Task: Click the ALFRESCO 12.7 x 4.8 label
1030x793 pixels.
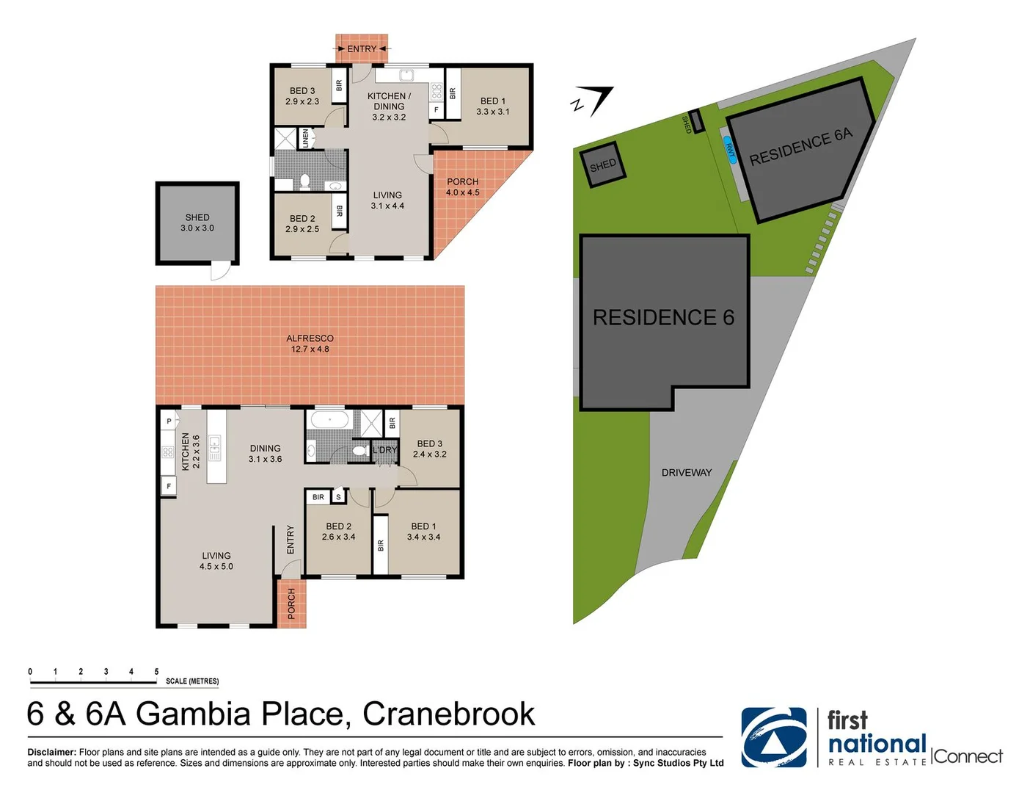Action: click(310, 344)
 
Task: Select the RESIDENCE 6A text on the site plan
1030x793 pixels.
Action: click(800, 146)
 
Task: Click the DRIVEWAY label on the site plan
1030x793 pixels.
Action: click(687, 472)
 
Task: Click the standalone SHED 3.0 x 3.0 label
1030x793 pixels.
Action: click(197, 222)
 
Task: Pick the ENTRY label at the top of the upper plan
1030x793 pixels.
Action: click(362, 49)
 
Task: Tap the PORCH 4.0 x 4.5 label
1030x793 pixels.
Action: click(462, 187)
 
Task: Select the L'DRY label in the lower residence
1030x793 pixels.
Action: click(384, 450)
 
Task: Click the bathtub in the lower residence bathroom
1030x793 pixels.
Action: click(329, 421)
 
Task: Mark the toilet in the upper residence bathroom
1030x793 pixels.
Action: click(305, 181)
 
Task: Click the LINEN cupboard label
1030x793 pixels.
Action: click(306, 138)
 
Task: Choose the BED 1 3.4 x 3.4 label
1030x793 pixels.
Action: click(423, 532)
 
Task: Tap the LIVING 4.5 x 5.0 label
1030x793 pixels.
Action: click(216, 561)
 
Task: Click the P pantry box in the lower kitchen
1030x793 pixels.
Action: click(169, 421)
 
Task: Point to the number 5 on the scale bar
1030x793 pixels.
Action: click(156, 671)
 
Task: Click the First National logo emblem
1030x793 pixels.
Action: click(773, 737)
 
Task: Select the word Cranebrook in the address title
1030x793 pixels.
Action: click(448, 714)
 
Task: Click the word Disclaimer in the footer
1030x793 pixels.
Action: click(51, 752)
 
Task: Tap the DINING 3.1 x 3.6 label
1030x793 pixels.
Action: click(265, 454)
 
